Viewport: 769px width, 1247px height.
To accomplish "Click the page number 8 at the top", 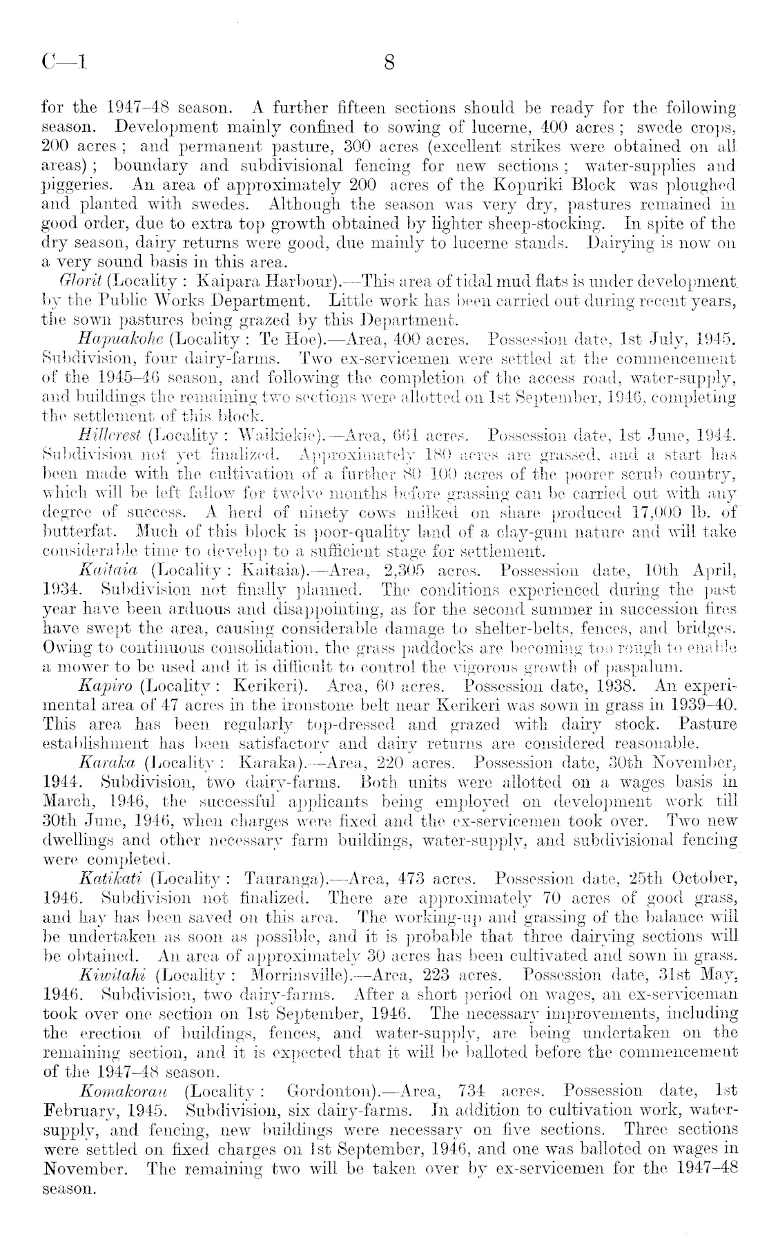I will [389, 64].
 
